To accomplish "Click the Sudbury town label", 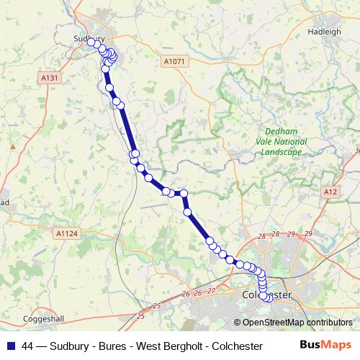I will click(89, 39).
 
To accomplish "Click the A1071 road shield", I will click(174, 62).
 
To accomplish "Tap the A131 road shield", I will click(50, 78).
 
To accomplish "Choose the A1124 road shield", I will click(66, 233).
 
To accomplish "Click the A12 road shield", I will click(330, 192).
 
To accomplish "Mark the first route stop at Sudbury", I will click(91, 42).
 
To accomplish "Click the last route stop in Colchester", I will click(265, 297).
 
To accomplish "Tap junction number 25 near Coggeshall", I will click(139, 316).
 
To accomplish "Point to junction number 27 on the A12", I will click(211, 291).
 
